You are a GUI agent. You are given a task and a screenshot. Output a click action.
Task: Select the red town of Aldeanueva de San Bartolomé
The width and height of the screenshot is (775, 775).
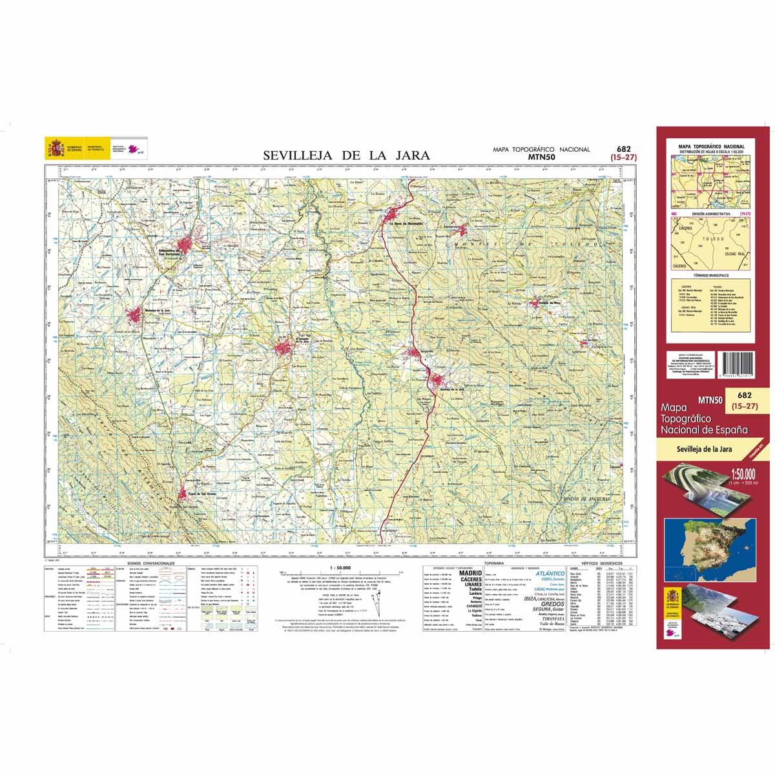pyautogui.click(x=187, y=245)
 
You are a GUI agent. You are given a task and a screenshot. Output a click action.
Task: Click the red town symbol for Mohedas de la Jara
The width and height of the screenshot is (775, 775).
pyautogui.click(x=136, y=316)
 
